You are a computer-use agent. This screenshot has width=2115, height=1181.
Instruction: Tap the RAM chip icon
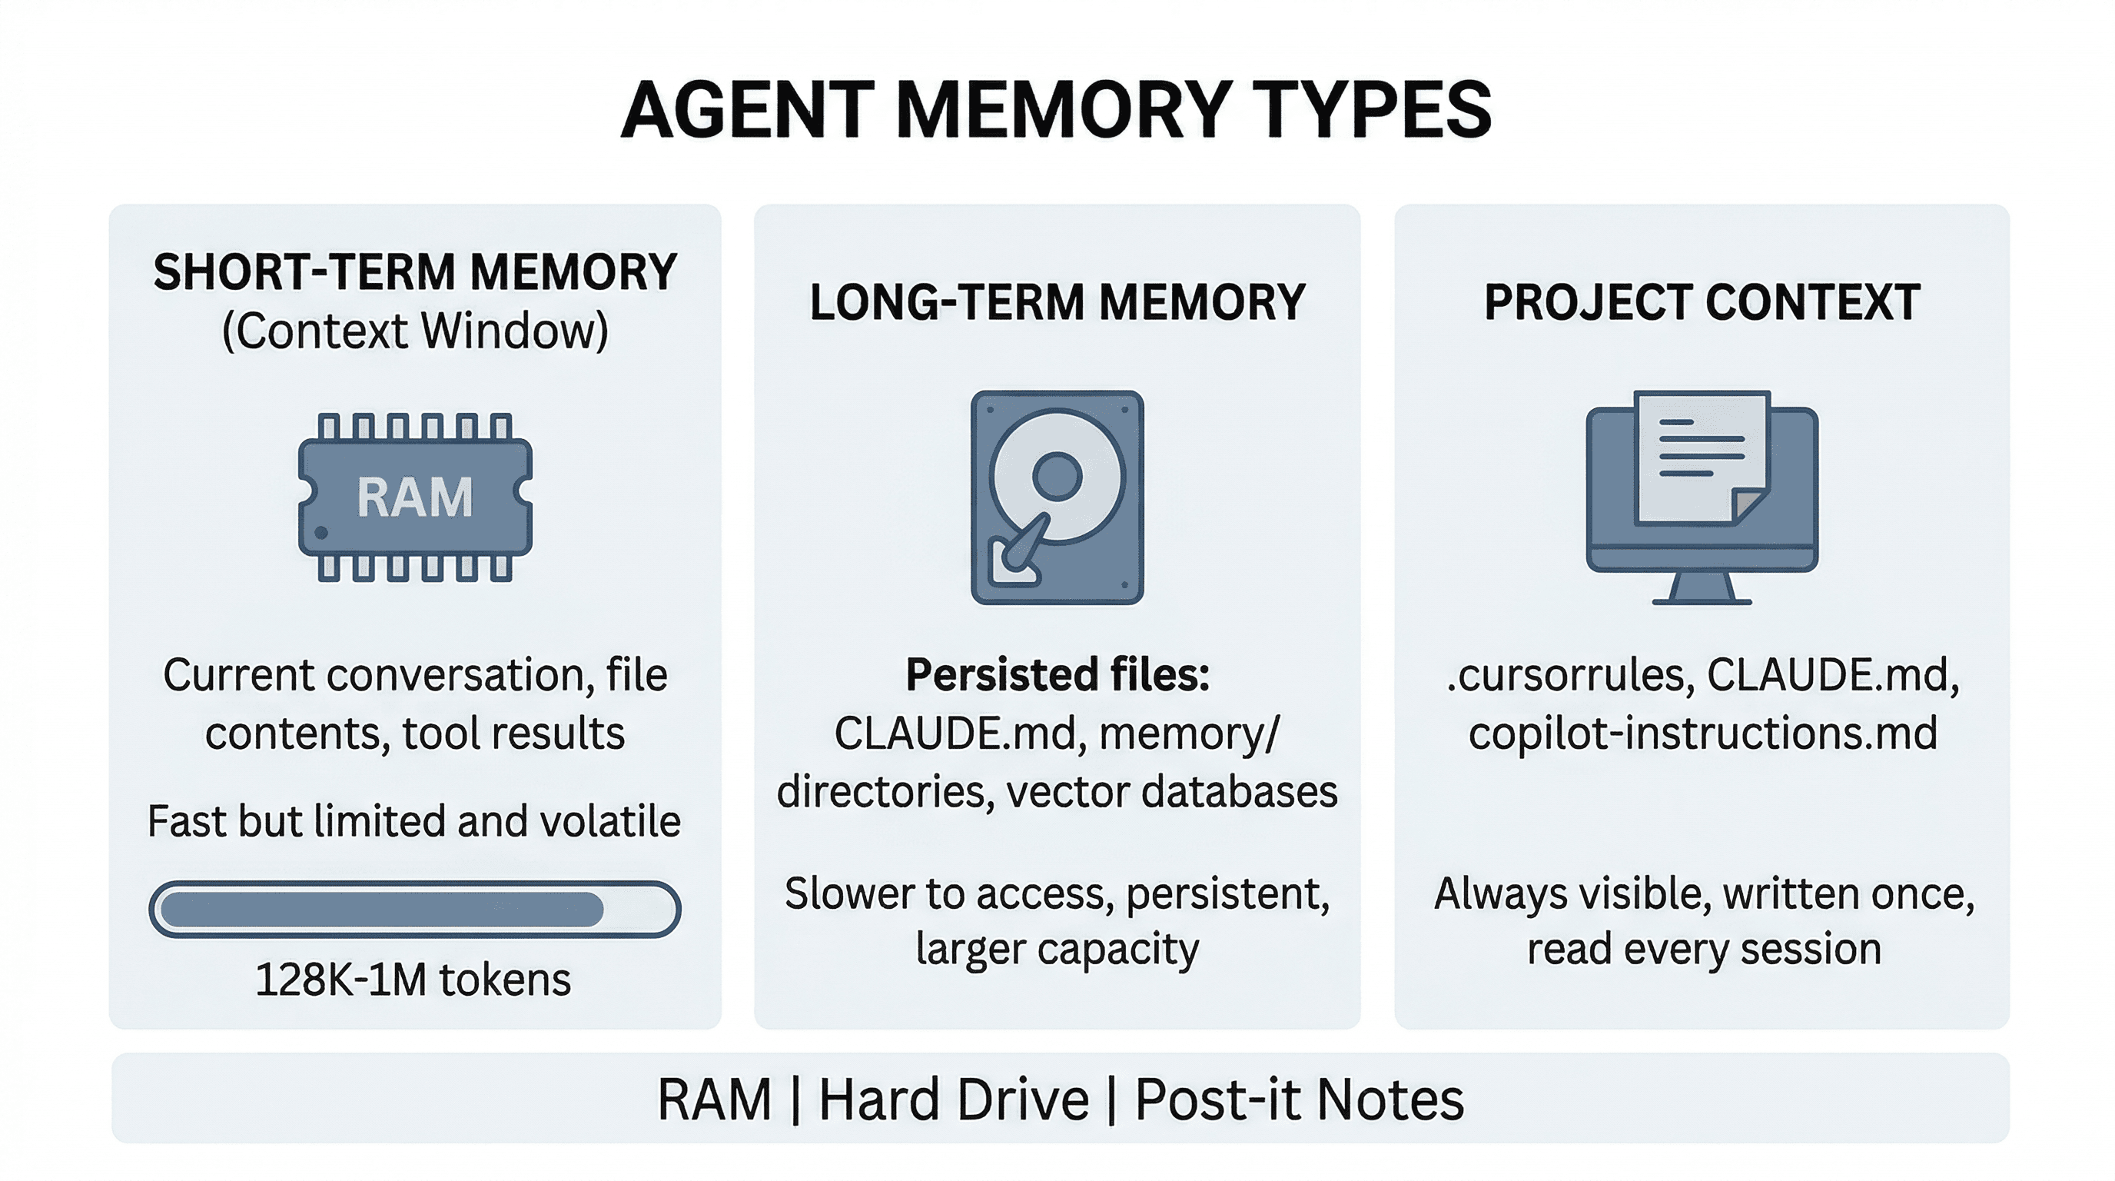click(415, 497)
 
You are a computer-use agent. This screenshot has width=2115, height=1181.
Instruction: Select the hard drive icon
click(1057, 497)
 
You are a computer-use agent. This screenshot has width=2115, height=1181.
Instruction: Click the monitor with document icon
click(1702, 497)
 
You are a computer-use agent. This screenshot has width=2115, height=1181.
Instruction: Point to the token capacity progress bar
click(415, 909)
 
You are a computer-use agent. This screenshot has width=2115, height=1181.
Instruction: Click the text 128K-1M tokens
click(413, 980)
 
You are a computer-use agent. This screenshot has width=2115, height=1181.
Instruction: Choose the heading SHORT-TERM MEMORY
click(415, 272)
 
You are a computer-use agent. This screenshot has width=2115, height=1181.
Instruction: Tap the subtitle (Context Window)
click(415, 331)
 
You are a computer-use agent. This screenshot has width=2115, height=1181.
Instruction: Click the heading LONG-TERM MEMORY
click(1057, 301)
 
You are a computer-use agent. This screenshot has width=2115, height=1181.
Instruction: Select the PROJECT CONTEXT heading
click(1702, 301)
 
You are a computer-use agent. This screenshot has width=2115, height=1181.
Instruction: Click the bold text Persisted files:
click(1057, 675)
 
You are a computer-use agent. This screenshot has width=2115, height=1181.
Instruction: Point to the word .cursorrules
click(1570, 675)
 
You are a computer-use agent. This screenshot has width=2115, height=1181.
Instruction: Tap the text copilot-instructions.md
click(1702, 734)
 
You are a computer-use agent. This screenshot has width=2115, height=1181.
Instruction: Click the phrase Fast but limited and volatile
click(413, 821)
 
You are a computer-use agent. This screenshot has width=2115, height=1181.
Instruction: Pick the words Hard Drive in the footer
click(953, 1099)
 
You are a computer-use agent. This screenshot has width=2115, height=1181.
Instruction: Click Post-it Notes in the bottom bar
click(1299, 1099)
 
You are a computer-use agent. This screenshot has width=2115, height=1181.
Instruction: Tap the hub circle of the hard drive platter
click(1057, 475)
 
